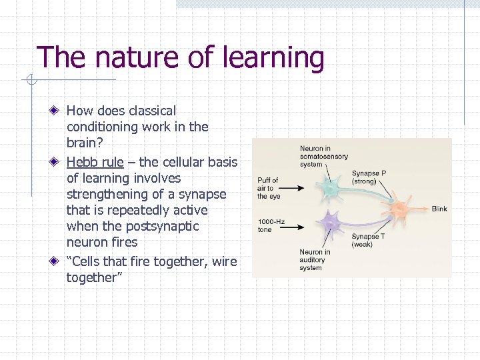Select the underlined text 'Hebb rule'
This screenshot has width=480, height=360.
[95, 162]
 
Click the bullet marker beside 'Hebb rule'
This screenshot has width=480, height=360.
[57, 162]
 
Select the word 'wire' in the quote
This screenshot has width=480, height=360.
[224, 261]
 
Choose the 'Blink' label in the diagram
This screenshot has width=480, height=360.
[439, 209]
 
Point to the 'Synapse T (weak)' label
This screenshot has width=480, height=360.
[365, 240]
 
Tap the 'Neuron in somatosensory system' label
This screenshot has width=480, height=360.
[323, 157]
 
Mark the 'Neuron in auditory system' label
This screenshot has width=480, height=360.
[315, 260]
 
